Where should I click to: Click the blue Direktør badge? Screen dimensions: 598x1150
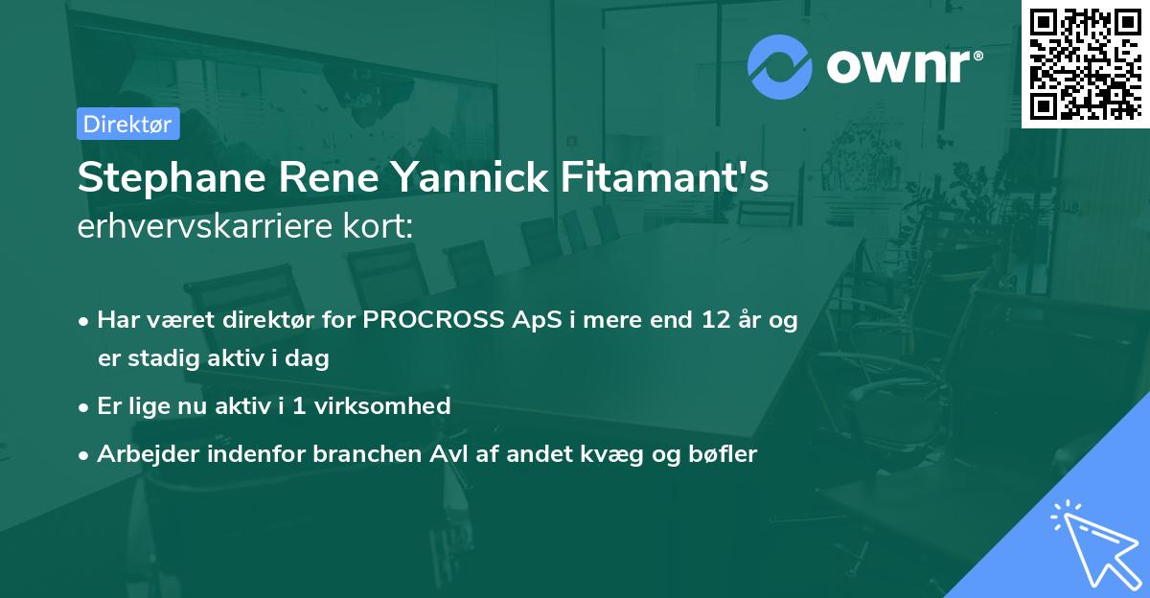tap(127, 124)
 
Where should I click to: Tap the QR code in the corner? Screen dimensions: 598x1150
tap(1085, 63)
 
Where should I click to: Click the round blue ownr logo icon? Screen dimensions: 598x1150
tap(780, 66)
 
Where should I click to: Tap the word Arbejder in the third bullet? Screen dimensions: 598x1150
tap(140, 454)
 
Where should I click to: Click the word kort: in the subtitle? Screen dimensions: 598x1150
tap(379, 227)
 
